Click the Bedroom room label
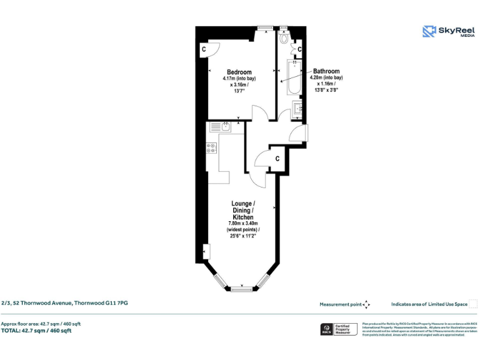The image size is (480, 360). coord(239,71)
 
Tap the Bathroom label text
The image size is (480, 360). coord(326,71)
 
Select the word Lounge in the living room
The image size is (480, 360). coord(242,204)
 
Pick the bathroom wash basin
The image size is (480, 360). coord(298,110)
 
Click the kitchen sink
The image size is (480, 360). coord(226,127)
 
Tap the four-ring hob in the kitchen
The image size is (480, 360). coord(211,148)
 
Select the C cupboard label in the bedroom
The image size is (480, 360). coord(204,49)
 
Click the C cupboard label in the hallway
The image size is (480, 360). coord(277,158)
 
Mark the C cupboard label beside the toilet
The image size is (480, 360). coord(300,49)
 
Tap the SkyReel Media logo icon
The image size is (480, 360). coord(429,31)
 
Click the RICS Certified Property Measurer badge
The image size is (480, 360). coord(338,329)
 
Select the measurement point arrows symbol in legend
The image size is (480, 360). coord(367,304)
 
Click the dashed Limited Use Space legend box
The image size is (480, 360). coord(473,304)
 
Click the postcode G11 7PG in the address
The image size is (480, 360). coord(118,302)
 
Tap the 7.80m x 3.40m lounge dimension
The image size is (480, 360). coord(242,224)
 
